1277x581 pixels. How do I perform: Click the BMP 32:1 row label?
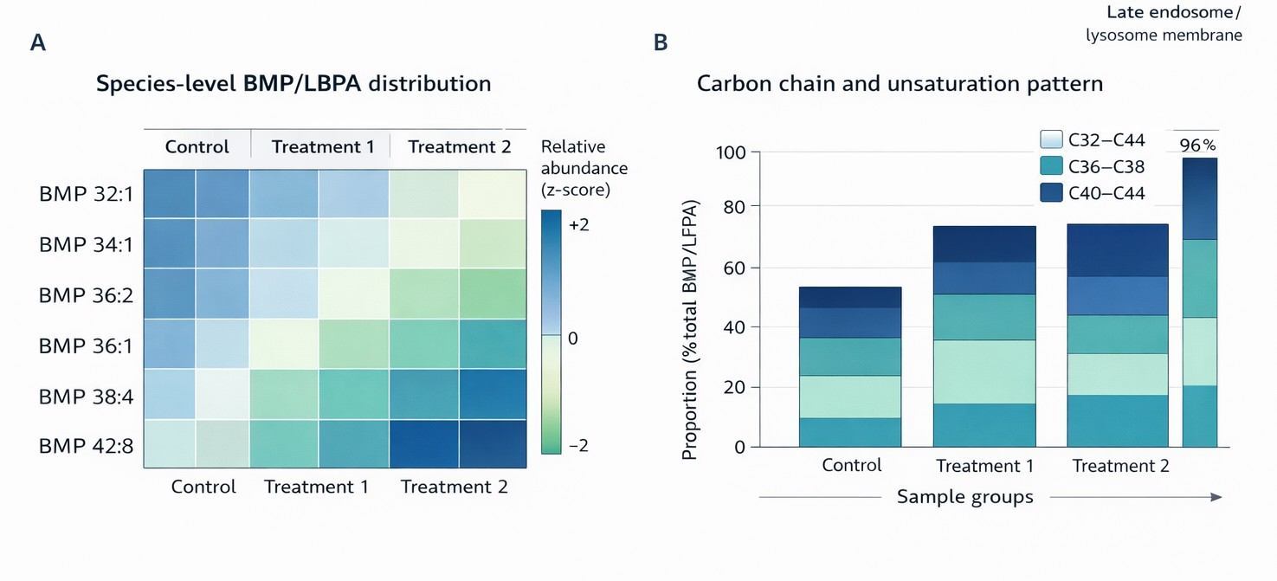[x=86, y=194]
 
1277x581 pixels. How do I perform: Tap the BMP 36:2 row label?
[x=86, y=295]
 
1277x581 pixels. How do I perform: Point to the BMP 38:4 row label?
[x=86, y=397]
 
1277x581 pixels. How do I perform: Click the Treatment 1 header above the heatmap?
[x=323, y=146]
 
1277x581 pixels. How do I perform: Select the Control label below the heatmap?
[x=203, y=487]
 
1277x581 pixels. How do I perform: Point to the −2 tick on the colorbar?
[x=579, y=446]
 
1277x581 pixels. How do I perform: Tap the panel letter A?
[x=37, y=42]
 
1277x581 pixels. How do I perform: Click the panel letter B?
[x=661, y=42]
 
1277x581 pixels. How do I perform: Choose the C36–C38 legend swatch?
[x=1051, y=166]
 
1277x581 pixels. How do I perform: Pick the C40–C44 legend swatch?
[x=1051, y=192]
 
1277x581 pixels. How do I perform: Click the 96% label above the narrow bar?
[x=1197, y=145]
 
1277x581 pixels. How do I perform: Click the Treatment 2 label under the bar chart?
[x=1121, y=466]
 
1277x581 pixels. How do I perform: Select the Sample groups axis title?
[x=964, y=497]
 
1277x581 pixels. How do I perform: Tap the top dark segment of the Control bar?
[x=850, y=297]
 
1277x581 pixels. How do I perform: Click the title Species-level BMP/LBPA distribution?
[x=293, y=84]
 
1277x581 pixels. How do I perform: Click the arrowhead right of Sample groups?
[x=1216, y=497]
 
